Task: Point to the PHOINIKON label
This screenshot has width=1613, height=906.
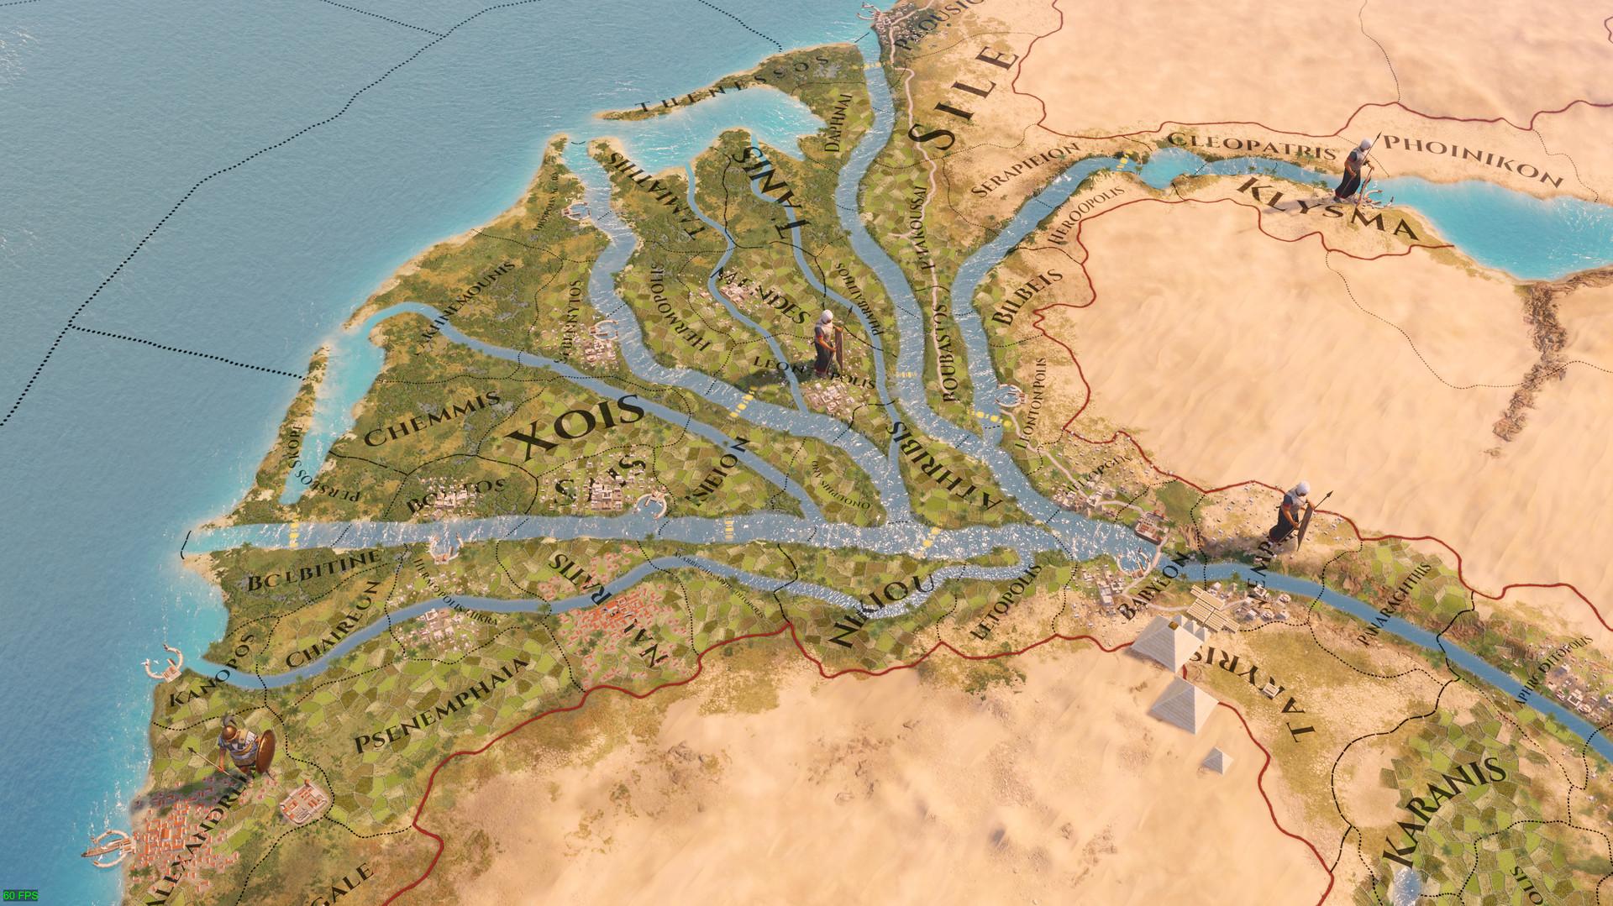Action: click(x=1475, y=160)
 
